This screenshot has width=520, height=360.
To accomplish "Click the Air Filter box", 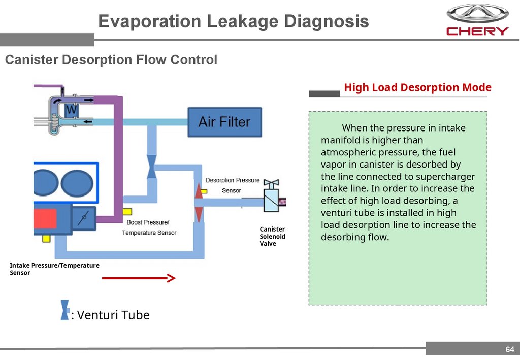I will tap(224, 122).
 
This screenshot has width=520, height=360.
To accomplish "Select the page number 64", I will tap(510, 349).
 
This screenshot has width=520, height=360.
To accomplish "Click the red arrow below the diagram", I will tap(139, 278).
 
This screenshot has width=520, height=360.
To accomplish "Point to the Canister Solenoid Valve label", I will tap(272, 236).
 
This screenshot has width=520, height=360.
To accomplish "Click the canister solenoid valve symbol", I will tap(273, 199).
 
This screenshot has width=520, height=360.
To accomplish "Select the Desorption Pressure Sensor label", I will tap(232, 185).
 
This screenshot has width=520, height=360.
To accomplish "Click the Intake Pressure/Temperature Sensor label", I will tap(54, 269).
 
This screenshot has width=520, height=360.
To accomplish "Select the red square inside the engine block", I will tap(45, 218).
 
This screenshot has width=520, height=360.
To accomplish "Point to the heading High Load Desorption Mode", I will tap(417, 87).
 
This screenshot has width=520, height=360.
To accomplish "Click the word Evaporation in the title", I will tap(149, 21).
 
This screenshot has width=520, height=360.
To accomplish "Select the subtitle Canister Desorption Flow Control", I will tap(111, 60).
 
